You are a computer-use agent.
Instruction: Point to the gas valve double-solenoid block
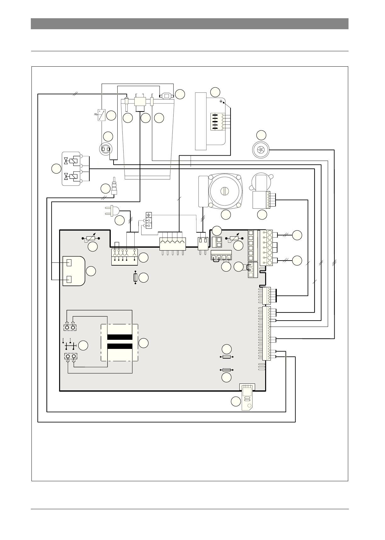click(71, 169)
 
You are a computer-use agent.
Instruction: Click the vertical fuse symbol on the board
click(136, 278)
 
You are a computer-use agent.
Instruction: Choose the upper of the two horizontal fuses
click(226, 357)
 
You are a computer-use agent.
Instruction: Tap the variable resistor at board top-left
click(92, 239)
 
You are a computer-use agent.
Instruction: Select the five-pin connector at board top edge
click(172, 243)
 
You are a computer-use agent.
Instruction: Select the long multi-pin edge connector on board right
click(267, 333)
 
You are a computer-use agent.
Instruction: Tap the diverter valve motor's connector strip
click(268, 200)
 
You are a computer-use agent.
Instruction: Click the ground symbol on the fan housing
click(222, 102)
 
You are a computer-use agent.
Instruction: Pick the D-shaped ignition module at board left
click(74, 271)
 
